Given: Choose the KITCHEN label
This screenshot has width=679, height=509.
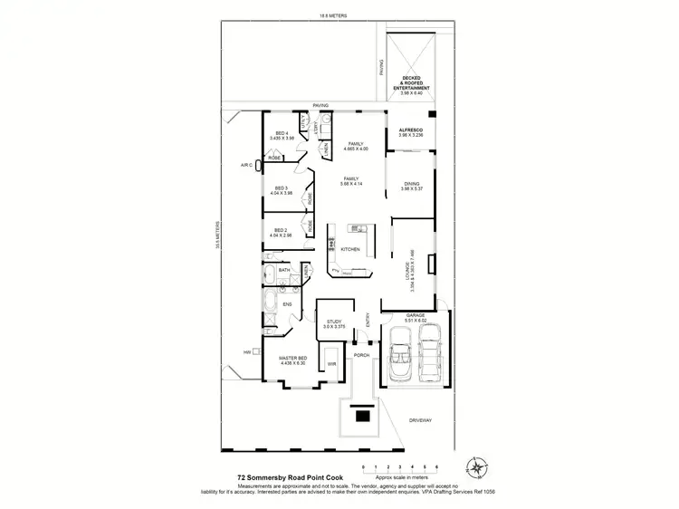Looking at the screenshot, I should tap(350, 249).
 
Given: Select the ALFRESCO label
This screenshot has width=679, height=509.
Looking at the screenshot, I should tap(412, 131).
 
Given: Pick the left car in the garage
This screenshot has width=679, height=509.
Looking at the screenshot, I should tap(400, 354).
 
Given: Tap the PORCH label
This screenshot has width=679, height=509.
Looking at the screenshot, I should tap(361, 355).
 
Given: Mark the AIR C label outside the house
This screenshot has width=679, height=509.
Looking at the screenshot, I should tap(245, 165).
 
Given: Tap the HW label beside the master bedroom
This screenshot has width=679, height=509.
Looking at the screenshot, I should tap(246, 352).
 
